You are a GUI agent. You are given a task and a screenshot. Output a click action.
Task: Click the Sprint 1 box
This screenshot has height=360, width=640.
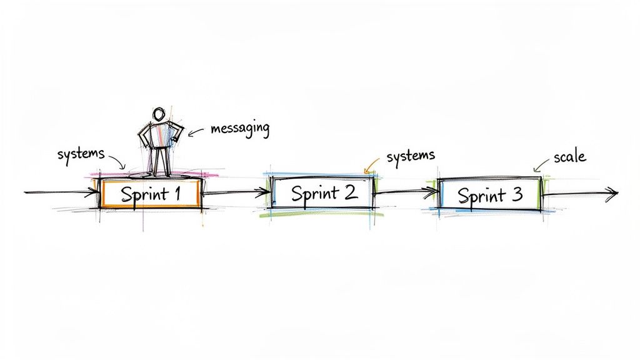click(x=151, y=193)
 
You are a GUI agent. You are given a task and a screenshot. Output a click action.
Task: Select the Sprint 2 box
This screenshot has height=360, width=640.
click(x=322, y=192)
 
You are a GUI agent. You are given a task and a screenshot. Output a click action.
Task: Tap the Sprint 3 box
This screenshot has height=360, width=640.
click(x=489, y=195)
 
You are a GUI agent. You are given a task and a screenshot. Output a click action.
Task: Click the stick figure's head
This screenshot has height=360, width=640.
click(x=159, y=114)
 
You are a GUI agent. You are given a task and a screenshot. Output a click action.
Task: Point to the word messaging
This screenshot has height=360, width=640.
click(x=240, y=129)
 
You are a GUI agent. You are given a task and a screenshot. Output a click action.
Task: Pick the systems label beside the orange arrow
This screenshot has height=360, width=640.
click(x=410, y=156)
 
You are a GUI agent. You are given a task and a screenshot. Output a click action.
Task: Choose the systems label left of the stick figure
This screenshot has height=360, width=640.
click(x=80, y=154)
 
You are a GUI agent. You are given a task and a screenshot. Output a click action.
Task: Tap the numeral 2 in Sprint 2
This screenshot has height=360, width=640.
click(x=350, y=192)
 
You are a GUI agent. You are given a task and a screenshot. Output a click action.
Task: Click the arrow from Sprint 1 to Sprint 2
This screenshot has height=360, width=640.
click(x=234, y=192)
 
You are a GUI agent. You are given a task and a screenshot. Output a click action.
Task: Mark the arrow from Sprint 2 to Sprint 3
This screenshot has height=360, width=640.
click(x=406, y=193)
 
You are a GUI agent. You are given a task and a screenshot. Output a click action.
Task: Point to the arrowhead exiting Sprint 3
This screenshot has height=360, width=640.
click(x=611, y=194)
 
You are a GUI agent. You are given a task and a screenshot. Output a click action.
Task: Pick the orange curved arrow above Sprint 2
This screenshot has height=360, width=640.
click(x=371, y=164)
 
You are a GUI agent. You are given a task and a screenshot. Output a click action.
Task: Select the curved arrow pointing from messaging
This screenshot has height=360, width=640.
click(x=197, y=131)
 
